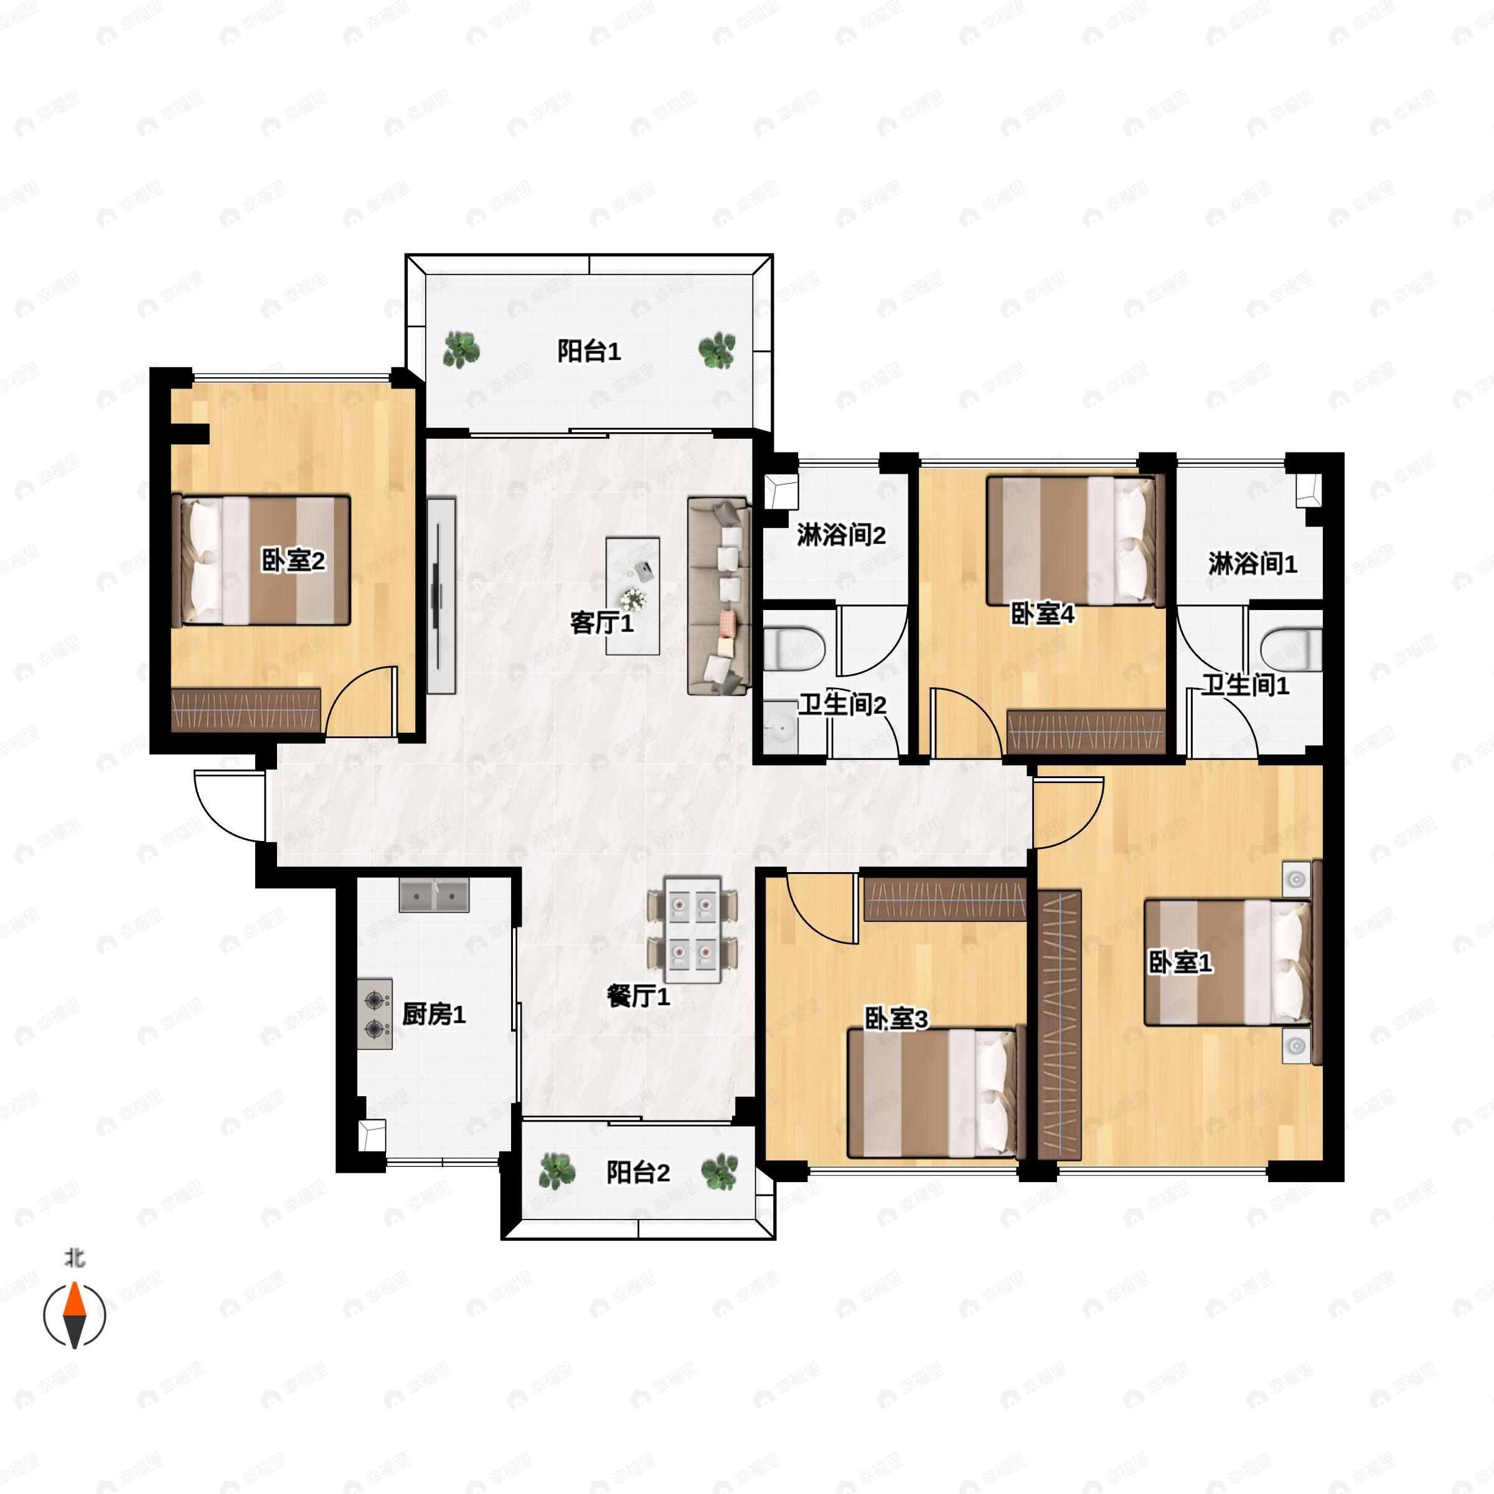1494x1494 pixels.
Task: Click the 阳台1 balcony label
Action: click(x=590, y=352)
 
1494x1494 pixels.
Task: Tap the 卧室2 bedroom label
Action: click(x=294, y=561)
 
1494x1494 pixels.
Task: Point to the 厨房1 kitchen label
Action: click(x=434, y=1014)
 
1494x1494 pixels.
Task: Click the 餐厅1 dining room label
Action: click(x=639, y=996)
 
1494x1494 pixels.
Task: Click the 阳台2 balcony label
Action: click(x=638, y=1172)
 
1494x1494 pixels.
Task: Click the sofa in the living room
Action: click(x=718, y=596)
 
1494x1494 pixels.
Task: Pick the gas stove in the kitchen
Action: click(x=375, y=1014)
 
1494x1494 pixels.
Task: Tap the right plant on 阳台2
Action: click(x=719, y=1172)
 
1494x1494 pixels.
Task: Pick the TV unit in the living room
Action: click(x=441, y=594)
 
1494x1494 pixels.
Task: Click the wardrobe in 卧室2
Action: click(x=246, y=710)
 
